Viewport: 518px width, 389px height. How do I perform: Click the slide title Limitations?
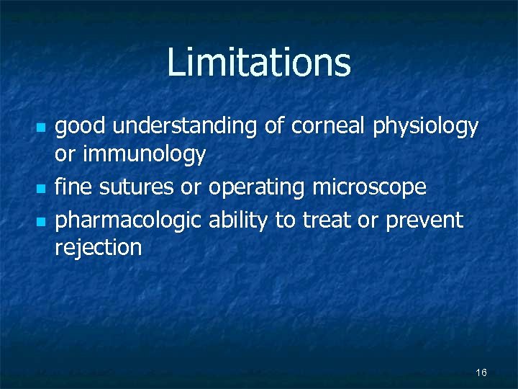(259, 63)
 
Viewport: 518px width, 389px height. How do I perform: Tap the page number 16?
(481, 372)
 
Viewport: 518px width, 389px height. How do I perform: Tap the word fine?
(74, 187)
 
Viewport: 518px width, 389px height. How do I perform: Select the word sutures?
(137, 188)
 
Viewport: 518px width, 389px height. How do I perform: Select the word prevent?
(424, 220)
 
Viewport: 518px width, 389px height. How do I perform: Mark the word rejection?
(99, 249)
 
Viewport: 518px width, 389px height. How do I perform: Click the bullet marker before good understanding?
(40, 128)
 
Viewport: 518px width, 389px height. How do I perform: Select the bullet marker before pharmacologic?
(40, 220)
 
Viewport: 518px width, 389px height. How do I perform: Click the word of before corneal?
(274, 127)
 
